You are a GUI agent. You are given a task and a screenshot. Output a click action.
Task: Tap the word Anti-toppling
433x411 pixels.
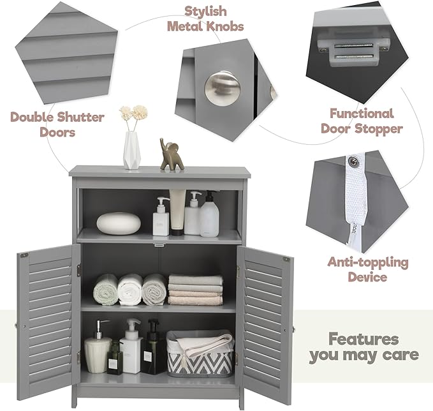368,262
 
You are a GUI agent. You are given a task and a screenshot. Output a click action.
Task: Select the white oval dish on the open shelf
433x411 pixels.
119,223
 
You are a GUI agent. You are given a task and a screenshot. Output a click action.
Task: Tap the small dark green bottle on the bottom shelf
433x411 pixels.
115,358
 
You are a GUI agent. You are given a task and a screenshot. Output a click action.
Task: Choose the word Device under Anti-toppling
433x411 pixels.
368,278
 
